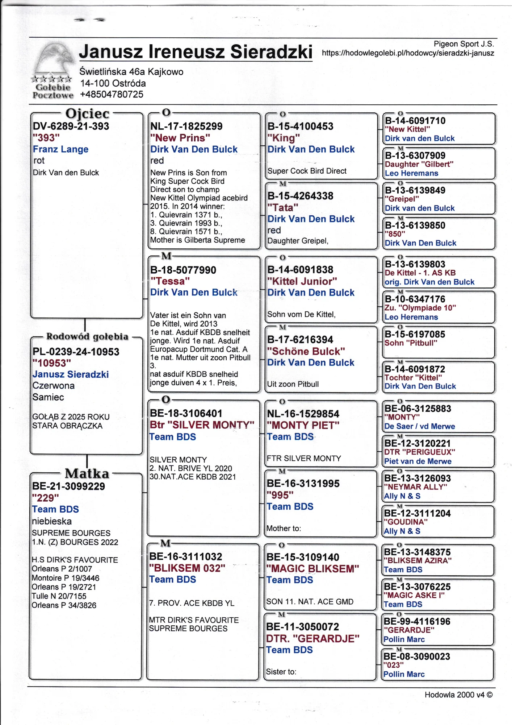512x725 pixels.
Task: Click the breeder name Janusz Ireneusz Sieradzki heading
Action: point(196,51)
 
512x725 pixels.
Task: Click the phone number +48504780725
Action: point(112,94)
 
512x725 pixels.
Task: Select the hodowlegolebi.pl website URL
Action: point(408,53)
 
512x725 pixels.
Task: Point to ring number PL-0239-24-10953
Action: point(76,352)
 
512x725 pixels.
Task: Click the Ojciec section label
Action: point(87,114)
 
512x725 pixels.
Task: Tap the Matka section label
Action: point(87,473)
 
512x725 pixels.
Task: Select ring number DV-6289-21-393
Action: point(71,126)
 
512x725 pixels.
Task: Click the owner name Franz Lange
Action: point(60,149)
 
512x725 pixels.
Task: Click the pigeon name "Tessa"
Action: point(170,281)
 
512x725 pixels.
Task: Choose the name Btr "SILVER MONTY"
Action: point(202,424)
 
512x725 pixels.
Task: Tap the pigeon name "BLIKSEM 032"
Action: point(187,568)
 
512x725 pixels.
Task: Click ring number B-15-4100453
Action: point(300,126)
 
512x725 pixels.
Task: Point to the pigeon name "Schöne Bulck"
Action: point(306,351)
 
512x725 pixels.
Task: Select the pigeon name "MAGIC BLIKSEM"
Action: point(312,568)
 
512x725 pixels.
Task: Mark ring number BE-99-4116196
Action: point(417,621)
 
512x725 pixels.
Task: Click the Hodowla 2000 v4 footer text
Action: point(458,695)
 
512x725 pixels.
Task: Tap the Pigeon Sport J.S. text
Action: point(463,44)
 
